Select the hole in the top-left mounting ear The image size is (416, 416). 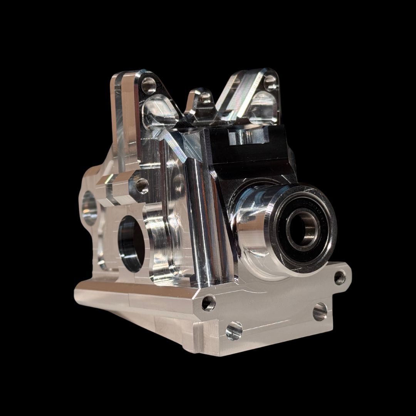tap(149, 86)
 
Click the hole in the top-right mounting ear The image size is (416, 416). tap(270, 83)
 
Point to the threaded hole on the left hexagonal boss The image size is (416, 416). tap(142, 186)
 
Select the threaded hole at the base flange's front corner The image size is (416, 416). tap(208, 303)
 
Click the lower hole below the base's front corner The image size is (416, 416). tap(234, 330)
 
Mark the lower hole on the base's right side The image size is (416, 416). tap(320, 311)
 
